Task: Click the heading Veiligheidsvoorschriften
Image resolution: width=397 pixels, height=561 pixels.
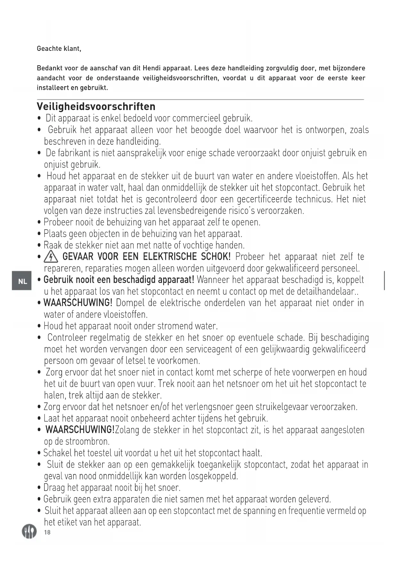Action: (96, 107)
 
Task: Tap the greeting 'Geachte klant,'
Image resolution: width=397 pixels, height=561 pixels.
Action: (59, 49)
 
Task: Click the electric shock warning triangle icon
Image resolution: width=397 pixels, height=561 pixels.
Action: (51, 257)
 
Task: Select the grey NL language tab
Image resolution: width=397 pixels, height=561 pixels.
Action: (22, 280)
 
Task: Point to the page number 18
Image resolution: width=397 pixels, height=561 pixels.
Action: (47, 532)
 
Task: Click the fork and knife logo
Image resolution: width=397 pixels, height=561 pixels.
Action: (29, 532)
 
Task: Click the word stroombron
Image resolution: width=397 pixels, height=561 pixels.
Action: (87, 442)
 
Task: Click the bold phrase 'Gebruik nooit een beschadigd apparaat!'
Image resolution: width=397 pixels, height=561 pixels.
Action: (119, 280)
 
